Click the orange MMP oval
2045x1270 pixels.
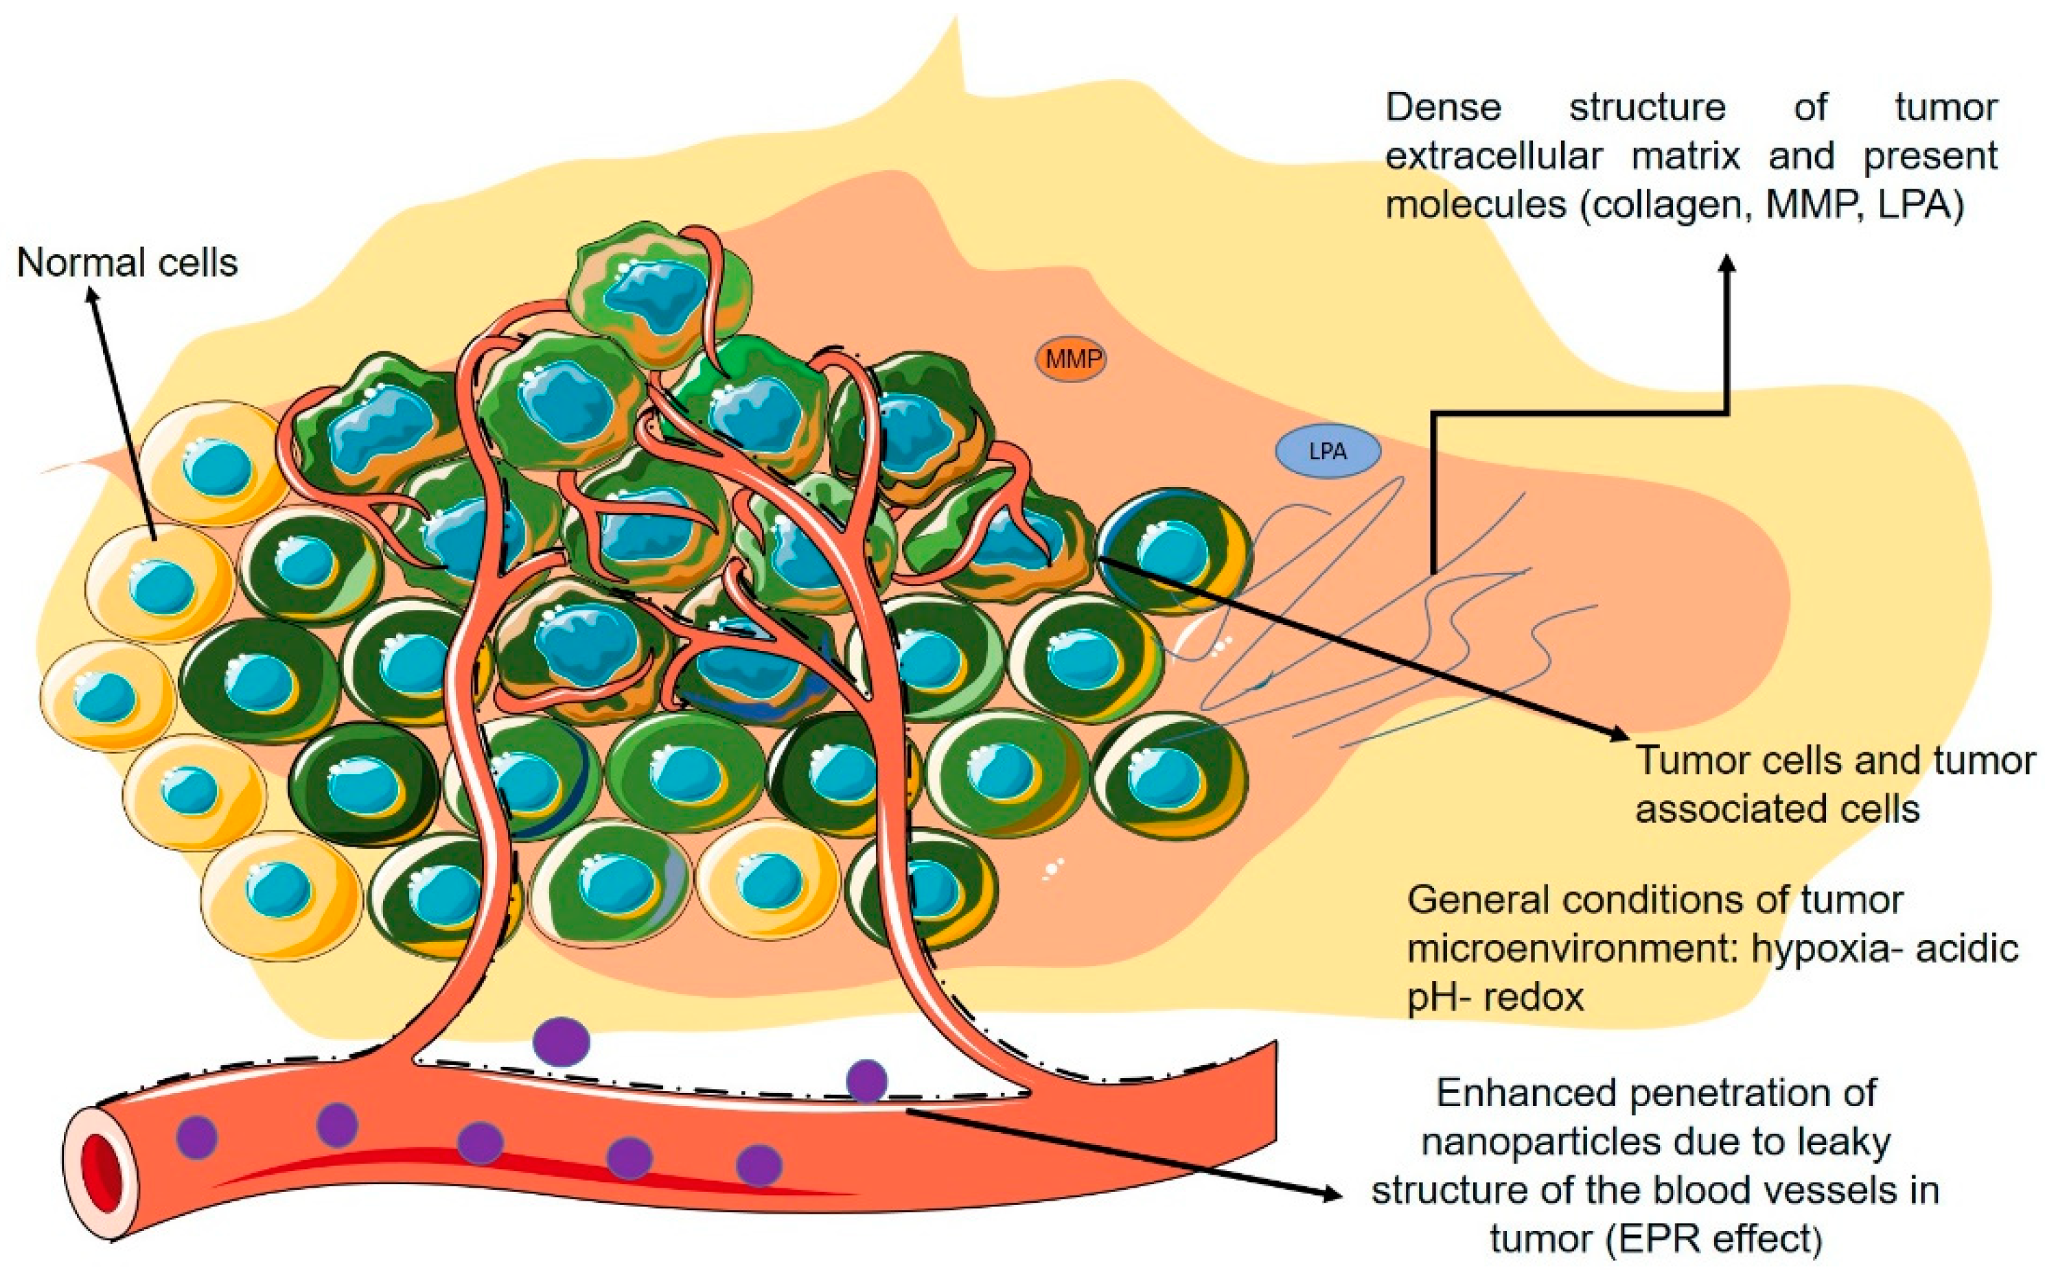(x=1070, y=360)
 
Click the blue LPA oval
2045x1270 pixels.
(x=1328, y=452)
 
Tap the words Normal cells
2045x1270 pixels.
(x=127, y=263)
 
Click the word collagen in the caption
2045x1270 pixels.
(x=1663, y=204)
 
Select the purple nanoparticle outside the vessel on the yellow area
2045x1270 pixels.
(x=562, y=1042)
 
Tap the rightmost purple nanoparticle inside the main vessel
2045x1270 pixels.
(x=759, y=1166)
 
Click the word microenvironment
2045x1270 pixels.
(x=1554, y=949)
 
